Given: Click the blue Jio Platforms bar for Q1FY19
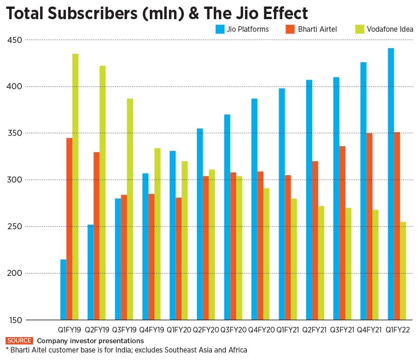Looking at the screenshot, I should (63, 289).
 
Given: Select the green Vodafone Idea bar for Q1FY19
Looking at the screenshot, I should (75, 187).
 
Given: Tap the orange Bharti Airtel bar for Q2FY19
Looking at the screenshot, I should (97, 236).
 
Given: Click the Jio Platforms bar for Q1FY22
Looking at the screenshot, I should (391, 184).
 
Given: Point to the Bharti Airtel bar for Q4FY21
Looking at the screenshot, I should (370, 226).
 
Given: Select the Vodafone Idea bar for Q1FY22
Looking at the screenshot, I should (403, 271).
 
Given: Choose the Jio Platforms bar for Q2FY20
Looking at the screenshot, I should (200, 224).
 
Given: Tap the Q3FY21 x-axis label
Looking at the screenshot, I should (343, 330).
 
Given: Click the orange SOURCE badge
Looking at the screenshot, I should (20, 341).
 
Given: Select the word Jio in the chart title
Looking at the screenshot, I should (245, 14).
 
